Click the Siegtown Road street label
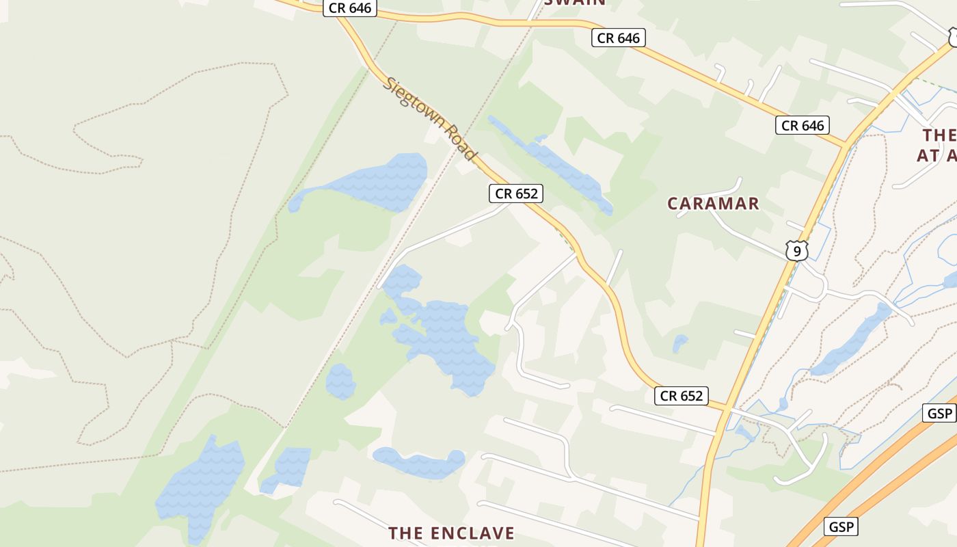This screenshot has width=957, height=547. pyautogui.click(x=429, y=119)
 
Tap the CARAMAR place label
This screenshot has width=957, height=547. pyautogui.click(x=713, y=203)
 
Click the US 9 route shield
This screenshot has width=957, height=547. pyautogui.click(x=796, y=250)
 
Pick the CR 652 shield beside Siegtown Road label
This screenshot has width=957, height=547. pyautogui.click(x=516, y=194)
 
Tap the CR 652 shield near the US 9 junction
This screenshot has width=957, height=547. pyautogui.click(x=681, y=396)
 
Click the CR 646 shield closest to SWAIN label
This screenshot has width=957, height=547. pyautogui.click(x=618, y=38)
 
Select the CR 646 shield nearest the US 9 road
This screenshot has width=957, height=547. pyautogui.click(x=803, y=125)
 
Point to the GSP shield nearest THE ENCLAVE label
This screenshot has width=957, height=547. pyautogui.click(x=841, y=526)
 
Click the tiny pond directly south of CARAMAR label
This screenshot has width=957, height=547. pyautogui.click(x=679, y=343)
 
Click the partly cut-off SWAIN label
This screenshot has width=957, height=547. pyautogui.click(x=575, y=3)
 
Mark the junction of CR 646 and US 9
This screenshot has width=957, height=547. pyautogui.click(x=846, y=145)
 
